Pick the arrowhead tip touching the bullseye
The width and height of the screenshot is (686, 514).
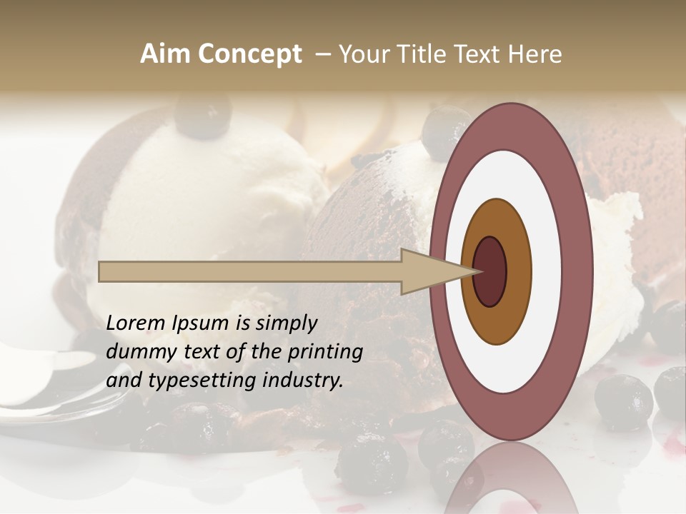click(477, 271)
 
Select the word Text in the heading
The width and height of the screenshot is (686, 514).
click(479, 54)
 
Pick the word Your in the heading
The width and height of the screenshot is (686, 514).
click(362, 54)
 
